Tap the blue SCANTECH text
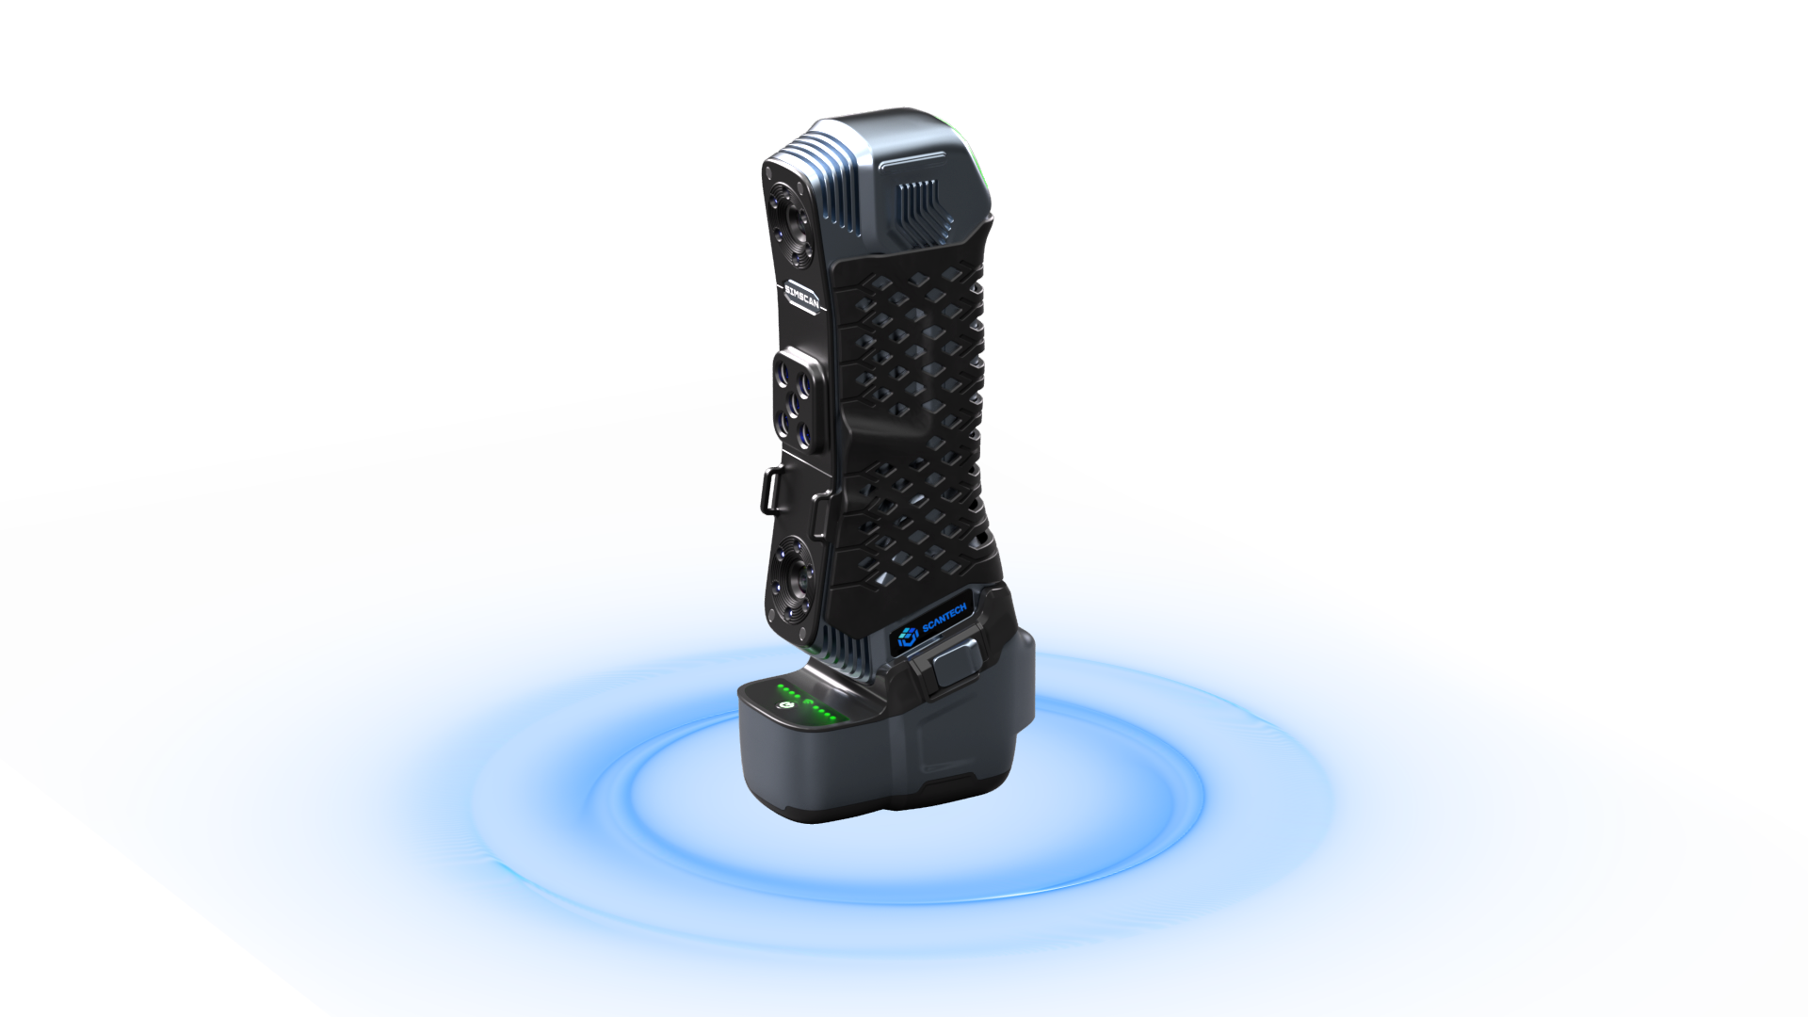click(x=944, y=619)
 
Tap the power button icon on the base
click(x=783, y=705)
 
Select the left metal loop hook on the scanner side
click(x=770, y=490)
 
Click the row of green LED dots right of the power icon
click(x=824, y=713)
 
